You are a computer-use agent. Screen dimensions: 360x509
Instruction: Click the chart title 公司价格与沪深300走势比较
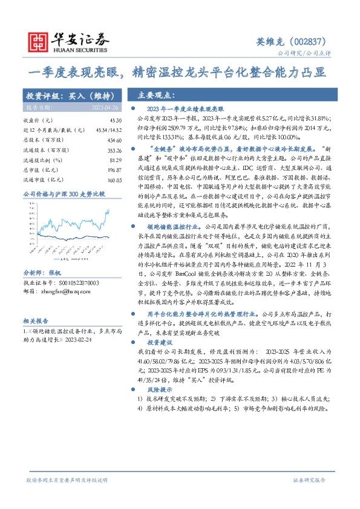coord(64,194)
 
